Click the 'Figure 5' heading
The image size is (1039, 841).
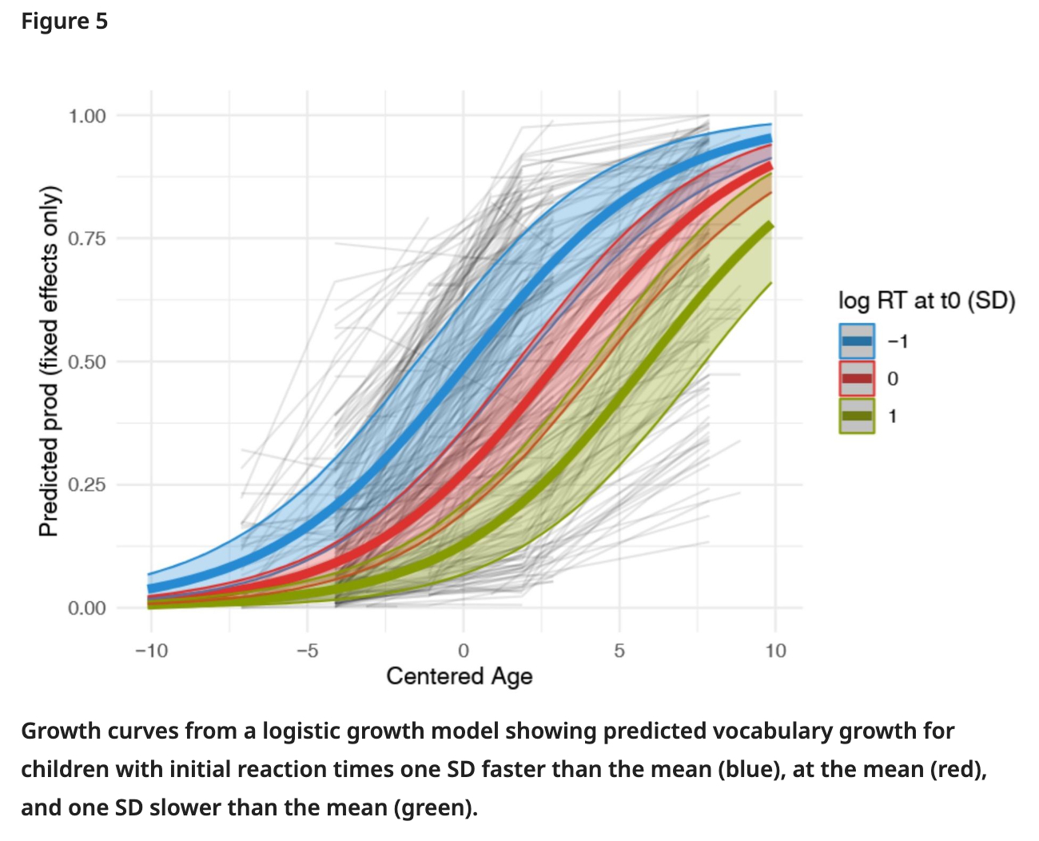(64, 22)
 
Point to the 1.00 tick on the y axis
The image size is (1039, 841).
(87, 116)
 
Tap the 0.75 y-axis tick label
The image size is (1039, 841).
(87, 239)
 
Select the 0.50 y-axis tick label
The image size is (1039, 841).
(87, 362)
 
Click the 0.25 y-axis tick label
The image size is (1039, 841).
(87, 485)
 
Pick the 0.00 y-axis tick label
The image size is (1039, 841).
(87, 608)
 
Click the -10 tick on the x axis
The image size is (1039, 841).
(151, 651)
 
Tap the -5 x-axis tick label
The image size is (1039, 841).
(307, 651)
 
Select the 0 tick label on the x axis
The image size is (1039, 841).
(464, 651)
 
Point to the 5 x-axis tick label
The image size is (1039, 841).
(619, 651)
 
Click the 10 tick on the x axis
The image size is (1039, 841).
(775, 651)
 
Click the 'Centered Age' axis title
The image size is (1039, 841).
(460, 676)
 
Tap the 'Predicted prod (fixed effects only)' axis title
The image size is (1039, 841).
(50, 361)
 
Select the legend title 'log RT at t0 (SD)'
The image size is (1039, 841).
(926, 301)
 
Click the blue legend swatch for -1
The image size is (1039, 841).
(857, 341)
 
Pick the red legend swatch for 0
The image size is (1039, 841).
(857, 378)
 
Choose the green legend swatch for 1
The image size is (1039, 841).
(857, 416)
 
